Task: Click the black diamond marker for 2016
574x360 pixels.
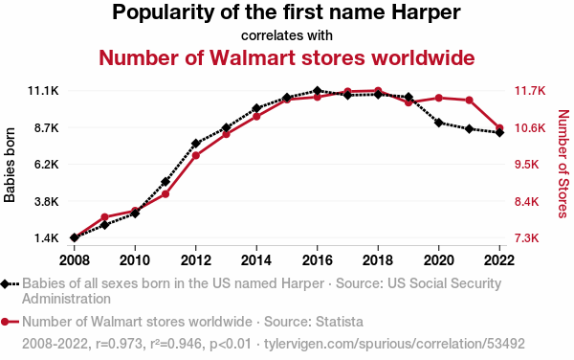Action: point(318,90)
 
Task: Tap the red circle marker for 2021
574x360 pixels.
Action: point(470,100)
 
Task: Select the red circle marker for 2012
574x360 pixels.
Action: point(196,155)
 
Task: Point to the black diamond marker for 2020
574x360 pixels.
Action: point(439,123)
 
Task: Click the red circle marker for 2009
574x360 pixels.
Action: point(104,216)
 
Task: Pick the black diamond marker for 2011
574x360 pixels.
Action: point(166,182)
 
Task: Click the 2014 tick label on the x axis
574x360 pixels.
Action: point(256,260)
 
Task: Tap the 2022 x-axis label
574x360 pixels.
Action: point(499,260)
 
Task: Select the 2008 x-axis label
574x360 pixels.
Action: point(75,260)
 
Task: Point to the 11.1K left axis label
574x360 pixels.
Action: point(43,90)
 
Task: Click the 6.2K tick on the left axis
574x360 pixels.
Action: point(47,164)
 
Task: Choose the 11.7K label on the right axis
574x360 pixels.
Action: point(530,90)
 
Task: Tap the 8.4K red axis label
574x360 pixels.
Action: point(527,201)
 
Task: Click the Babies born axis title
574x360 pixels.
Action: point(10,165)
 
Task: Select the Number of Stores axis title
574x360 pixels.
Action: point(563,164)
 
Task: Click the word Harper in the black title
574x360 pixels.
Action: point(426,12)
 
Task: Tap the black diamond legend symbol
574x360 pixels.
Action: point(5,283)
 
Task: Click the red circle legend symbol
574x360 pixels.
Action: point(5,322)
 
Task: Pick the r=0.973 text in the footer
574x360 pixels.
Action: point(119,344)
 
